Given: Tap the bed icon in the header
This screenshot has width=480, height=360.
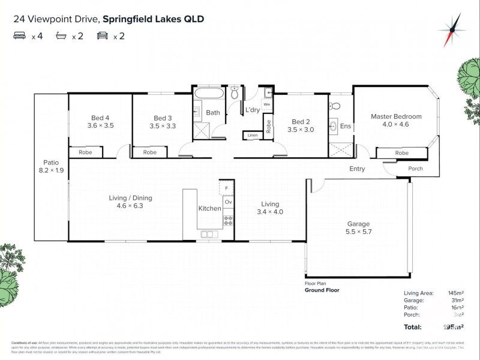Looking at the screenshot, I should pyautogui.click(x=20, y=36).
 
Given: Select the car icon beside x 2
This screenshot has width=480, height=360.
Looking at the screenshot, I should pyautogui.click(x=103, y=36).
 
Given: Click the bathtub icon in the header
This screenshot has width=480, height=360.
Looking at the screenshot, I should pyautogui.click(x=61, y=36).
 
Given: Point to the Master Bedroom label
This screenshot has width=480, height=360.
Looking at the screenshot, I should pyautogui.click(x=396, y=116).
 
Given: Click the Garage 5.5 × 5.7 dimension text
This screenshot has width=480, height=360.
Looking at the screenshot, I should pyautogui.click(x=358, y=232).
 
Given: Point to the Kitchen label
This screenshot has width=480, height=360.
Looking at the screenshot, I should pyautogui.click(x=210, y=209).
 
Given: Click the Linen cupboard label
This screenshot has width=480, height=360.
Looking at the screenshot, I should pyautogui.click(x=252, y=136).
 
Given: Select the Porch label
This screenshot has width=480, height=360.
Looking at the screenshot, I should pyautogui.click(x=415, y=169).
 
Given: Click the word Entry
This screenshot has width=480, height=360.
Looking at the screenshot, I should pyautogui.click(x=357, y=169).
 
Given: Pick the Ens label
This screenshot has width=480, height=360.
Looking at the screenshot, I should pyautogui.click(x=346, y=126).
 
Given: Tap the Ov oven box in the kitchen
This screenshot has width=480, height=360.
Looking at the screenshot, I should pyautogui.click(x=228, y=202).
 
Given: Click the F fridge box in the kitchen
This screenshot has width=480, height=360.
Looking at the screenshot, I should pyautogui.click(x=227, y=188).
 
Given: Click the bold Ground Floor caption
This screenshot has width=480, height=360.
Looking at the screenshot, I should pyautogui.click(x=322, y=290).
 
